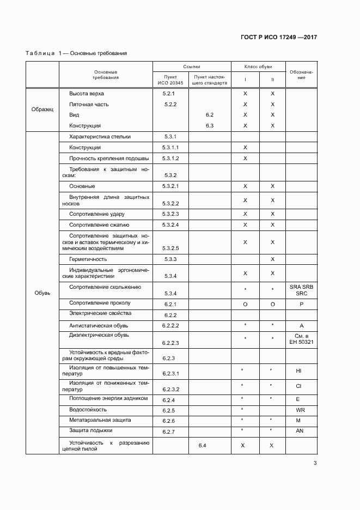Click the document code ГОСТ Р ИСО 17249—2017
pyautogui.click(x=278, y=38)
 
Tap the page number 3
pyautogui.click(x=315, y=463)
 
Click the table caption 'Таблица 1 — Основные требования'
pyautogui.click(x=76, y=53)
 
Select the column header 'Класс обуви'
pyautogui.click(x=258, y=66)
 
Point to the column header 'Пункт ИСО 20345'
pyautogui.click(x=170, y=80)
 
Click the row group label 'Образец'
pyautogui.click(x=42, y=109)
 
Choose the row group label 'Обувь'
pyautogui.click(x=42, y=293)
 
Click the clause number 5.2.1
pyautogui.click(x=170, y=94)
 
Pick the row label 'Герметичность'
pyautogui.click(x=88, y=259)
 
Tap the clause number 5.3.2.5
pyautogui.click(x=170, y=248)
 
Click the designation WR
pyautogui.click(x=300, y=410)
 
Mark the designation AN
pyautogui.click(x=300, y=430)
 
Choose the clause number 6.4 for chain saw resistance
pyautogui.click(x=202, y=446)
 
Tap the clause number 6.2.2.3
pyautogui.click(x=170, y=343)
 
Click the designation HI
pyautogui.click(x=299, y=371)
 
